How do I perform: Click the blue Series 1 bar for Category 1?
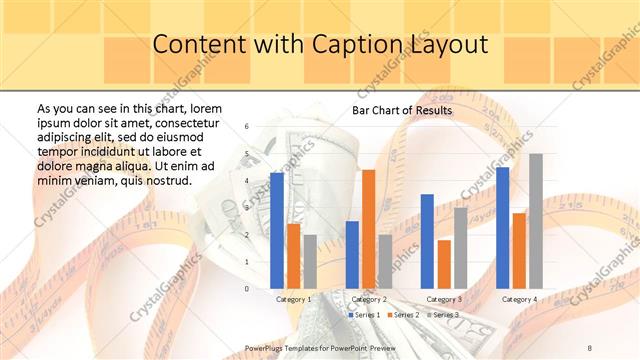[277, 230]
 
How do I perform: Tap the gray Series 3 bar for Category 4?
[536, 221]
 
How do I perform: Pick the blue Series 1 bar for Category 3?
[427, 241]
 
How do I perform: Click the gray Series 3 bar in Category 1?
[310, 261]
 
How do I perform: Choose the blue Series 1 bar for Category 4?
[502, 227]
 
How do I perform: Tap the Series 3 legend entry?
[442, 315]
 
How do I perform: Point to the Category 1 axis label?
[294, 299]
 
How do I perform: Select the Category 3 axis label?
[444, 299]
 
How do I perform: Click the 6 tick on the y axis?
[247, 127]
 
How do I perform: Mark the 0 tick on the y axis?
[247, 289]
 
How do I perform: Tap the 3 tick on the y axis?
[247, 208]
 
